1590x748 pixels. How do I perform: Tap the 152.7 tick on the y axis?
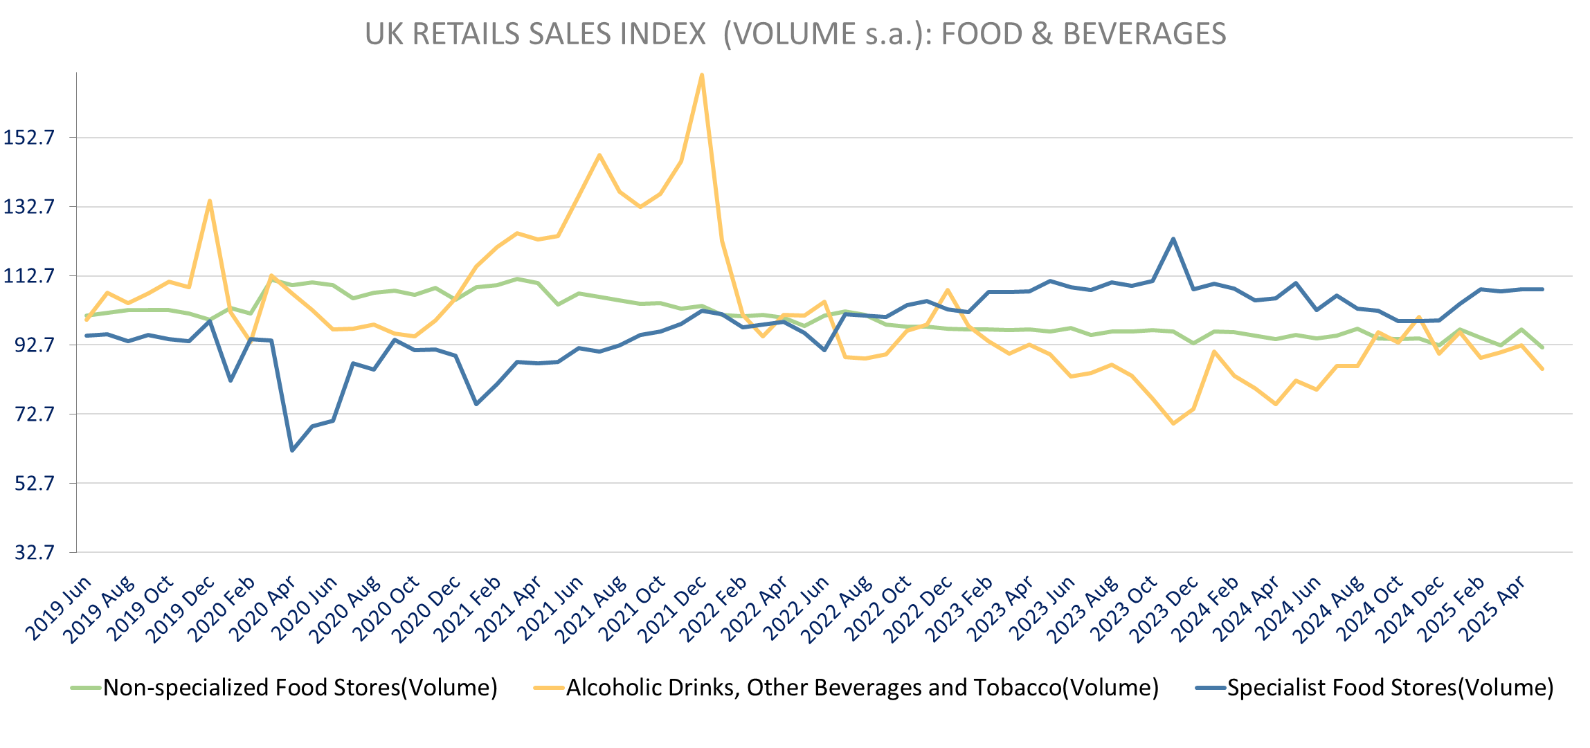(x=29, y=137)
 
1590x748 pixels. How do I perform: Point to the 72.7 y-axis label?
(x=33, y=414)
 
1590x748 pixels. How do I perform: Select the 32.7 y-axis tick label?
(x=33, y=552)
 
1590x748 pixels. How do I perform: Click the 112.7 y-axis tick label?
(x=29, y=275)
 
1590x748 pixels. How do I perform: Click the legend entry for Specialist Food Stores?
(x=1390, y=687)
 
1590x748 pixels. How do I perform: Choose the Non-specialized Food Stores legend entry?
(x=300, y=687)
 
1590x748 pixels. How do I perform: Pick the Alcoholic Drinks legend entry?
(x=862, y=687)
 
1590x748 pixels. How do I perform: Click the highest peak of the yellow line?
(x=702, y=75)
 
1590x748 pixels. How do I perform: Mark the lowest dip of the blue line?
(x=292, y=450)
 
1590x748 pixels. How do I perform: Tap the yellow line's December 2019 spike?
(x=210, y=201)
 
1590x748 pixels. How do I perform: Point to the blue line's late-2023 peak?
(x=1173, y=239)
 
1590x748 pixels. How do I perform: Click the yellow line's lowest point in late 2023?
(x=1173, y=423)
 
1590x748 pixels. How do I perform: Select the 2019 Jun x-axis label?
(x=60, y=609)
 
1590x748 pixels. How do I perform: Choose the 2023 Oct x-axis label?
(x=1125, y=609)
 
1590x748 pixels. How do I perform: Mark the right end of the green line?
(x=1542, y=347)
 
